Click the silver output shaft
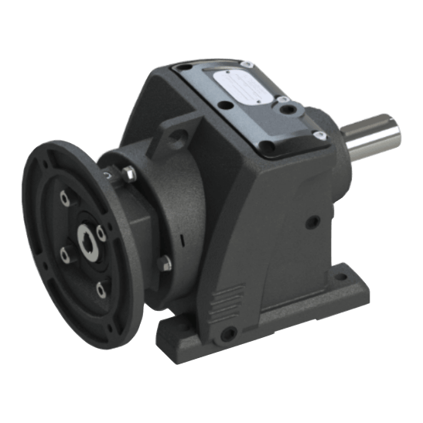371,136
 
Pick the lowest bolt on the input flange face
101,289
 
